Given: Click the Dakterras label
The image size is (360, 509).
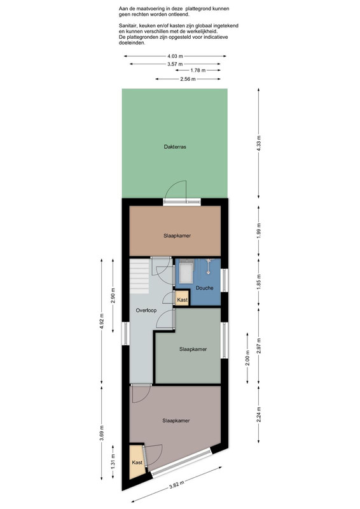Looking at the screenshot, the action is (175, 147).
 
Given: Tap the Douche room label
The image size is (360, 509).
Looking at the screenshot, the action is (205, 288).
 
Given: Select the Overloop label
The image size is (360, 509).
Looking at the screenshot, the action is (146, 310).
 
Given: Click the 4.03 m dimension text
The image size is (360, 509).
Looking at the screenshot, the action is (175, 56).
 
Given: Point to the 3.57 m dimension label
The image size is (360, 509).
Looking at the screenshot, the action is (175, 64).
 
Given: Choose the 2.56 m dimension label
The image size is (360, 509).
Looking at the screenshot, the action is (188, 79).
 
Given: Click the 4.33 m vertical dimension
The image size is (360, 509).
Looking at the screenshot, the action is (259, 143).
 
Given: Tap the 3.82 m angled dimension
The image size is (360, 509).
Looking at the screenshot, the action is (177, 485).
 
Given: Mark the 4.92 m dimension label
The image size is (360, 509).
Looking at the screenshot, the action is (102, 321).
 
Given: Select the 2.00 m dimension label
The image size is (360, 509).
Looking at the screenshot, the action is (247, 358).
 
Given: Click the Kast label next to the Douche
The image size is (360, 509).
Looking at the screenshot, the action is (183, 300).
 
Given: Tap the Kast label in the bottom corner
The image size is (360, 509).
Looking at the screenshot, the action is (137, 463).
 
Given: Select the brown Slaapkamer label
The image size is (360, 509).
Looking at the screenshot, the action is (177, 235).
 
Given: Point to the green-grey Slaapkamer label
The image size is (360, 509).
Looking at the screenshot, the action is (193, 349).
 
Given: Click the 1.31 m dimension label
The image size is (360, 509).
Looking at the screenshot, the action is (113, 462).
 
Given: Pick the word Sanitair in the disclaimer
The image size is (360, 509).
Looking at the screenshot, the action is (127, 25).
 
